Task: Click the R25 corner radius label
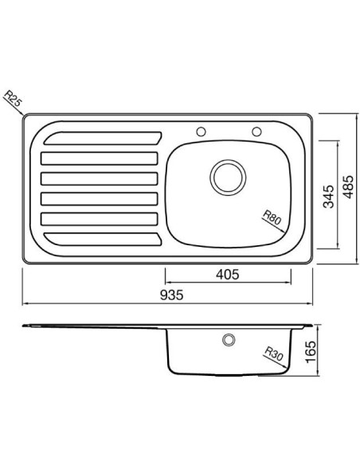[14, 98]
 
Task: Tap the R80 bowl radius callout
[272, 217]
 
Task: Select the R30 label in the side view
[274, 354]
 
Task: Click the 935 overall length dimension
[172, 295]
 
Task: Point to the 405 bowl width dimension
[228, 275]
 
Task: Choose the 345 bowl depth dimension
[329, 197]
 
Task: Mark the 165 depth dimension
[311, 351]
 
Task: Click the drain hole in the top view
[228, 178]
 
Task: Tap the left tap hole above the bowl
[201, 131]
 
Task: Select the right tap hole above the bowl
[256, 131]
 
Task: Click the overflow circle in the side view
[229, 339]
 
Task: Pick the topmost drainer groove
[103, 139]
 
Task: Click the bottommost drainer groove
[103, 240]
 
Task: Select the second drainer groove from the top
[100, 158]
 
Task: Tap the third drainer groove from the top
[100, 179]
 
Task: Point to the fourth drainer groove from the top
[100, 199]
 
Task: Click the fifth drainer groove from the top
[100, 219]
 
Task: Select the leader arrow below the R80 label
[274, 225]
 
